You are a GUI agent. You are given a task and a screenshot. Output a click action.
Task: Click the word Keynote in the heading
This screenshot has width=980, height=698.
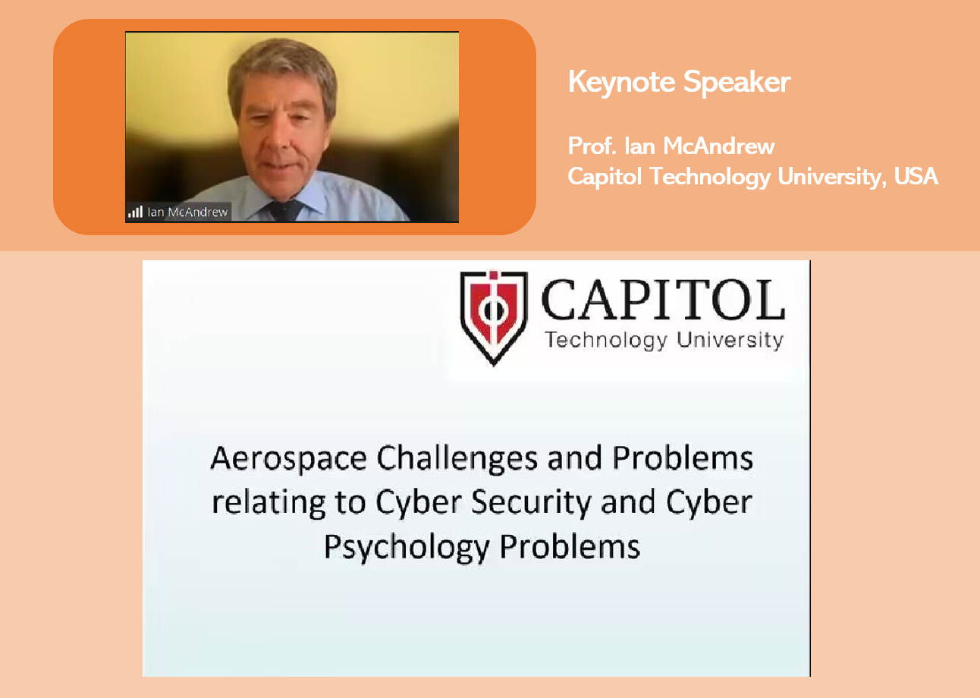pyautogui.click(x=621, y=82)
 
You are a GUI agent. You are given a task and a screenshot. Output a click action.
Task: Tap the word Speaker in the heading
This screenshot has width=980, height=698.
pyautogui.click(x=737, y=82)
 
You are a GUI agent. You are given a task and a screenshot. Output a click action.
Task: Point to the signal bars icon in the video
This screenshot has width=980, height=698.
pyautogui.click(x=135, y=212)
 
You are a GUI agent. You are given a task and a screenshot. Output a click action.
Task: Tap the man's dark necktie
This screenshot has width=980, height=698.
pyautogui.click(x=284, y=210)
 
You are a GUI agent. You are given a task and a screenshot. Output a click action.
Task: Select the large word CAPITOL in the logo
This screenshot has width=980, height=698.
pyautogui.click(x=663, y=300)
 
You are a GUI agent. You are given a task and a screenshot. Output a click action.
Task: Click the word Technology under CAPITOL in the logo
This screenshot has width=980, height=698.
pyautogui.click(x=606, y=341)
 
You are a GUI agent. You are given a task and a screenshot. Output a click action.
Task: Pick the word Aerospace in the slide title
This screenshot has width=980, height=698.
pyautogui.click(x=288, y=459)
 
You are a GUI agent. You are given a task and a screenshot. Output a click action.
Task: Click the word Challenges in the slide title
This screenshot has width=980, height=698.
pyautogui.click(x=457, y=459)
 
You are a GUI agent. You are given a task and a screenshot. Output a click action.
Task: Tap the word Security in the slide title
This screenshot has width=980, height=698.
pyautogui.click(x=532, y=502)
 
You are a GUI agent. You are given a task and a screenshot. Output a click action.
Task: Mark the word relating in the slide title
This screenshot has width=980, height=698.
pyautogui.click(x=269, y=502)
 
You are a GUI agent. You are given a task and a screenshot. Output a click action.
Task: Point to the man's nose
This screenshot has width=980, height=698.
pyautogui.click(x=275, y=140)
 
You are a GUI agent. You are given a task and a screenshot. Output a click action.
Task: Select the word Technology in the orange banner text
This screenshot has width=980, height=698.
pyautogui.click(x=710, y=177)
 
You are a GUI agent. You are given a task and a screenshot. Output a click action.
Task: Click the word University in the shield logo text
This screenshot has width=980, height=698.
pyautogui.click(x=730, y=340)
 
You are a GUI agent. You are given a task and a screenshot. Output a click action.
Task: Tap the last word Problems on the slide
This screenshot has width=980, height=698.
pyautogui.click(x=570, y=546)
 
